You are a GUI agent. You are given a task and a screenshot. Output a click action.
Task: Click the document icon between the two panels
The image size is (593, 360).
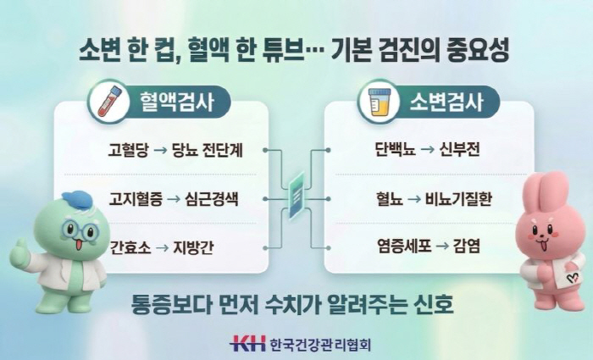pos(296,197)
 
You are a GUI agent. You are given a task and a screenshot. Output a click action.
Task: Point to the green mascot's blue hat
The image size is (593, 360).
pos(77,200)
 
